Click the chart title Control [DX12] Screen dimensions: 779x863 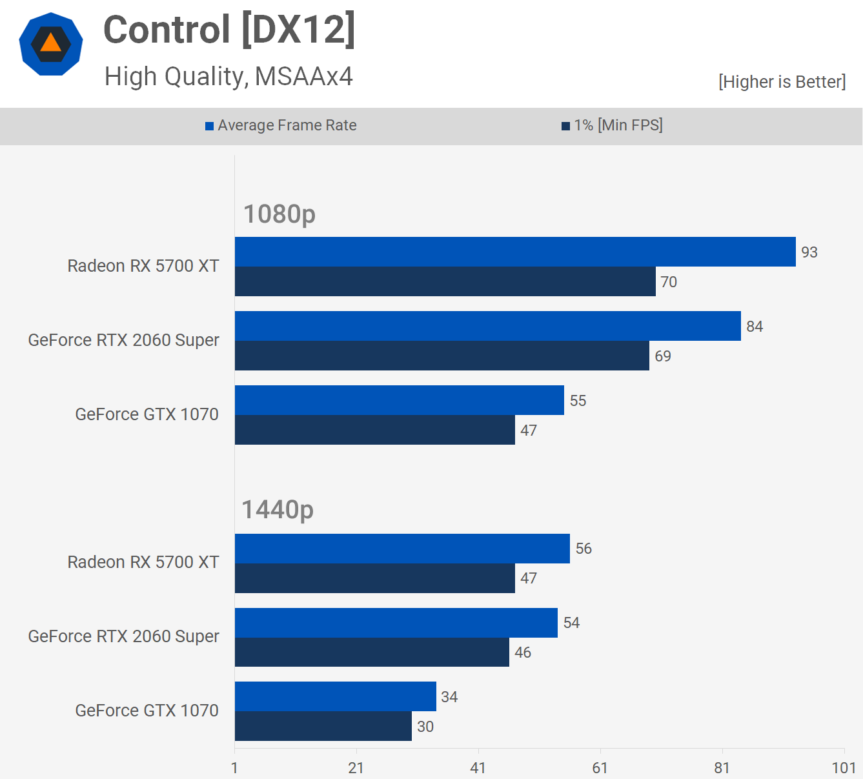pyautogui.click(x=229, y=30)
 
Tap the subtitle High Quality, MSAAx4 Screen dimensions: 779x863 pyautogui.click(x=228, y=77)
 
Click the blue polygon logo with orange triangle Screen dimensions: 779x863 pyautogui.click(x=51, y=44)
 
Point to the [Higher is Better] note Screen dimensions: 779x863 pyautogui.click(x=782, y=82)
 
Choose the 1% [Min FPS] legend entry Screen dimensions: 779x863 pyautogui.click(x=612, y=125)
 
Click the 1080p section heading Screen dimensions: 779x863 pyautogui.click(x=279, y=214)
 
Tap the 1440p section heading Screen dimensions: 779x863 pyautogui.click(x=278, y=510)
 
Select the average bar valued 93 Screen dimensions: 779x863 pyautogui.click(x=515, y=252)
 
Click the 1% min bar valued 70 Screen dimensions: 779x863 pyautogui.click(x=445, y=281)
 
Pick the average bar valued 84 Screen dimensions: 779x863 pyautogui.click(x=487, y=326)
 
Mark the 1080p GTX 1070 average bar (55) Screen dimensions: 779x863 pyautogui.click(x=399, y=400)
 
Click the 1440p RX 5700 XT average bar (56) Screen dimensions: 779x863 pyautogui.click(x=402, y=549)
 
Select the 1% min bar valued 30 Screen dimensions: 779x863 pyautogui.click(x=323, y=726)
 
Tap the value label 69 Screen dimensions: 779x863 pyautogui.click(x=663, y=356)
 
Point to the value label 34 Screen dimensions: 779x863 pyautogui.click(x=449, y=697)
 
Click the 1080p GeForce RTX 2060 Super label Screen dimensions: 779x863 pyautogui.click(x=124, y=340)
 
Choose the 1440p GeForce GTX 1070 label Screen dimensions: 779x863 pyautogui.click(x=147, y=711)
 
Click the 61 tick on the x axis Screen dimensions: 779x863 pyautogui.click(x=600, y=768)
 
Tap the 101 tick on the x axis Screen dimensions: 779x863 pyautogui.click(x=844, y=768)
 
